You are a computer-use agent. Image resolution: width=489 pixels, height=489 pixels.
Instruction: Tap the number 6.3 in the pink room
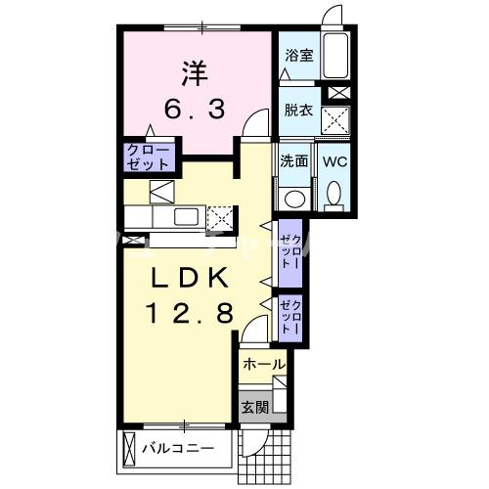(194, 108)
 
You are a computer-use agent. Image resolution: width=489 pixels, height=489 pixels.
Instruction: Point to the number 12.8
(193, 313)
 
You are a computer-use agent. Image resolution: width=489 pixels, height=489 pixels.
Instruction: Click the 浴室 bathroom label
(297, 56)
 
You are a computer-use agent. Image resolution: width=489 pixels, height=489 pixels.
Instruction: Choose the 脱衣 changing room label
(297, 110)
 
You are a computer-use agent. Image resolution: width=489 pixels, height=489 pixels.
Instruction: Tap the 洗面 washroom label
(294, 160)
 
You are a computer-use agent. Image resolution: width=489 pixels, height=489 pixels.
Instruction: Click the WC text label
(334, 160)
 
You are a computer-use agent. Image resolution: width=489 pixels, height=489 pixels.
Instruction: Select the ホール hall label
(263, 364)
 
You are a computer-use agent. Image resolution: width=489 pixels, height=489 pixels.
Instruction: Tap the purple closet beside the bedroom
(149, 158)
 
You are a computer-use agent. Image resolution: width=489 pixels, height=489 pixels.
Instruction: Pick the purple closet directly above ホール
(290, 317)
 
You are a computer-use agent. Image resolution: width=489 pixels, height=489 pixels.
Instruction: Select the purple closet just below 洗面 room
(290, 251)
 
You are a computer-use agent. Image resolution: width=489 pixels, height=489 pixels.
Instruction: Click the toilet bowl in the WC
(334, 194)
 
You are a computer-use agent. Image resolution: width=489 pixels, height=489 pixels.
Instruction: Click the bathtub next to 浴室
(336, 59)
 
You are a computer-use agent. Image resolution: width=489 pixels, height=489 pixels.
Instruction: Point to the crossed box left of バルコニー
(131, 451)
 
